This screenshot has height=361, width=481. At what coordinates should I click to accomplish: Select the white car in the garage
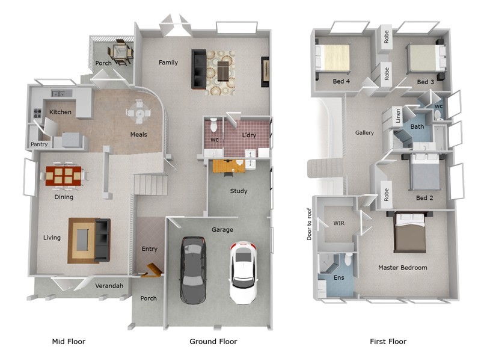click(x=244, y=272)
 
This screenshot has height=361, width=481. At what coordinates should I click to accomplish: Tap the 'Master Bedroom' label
click(x=402, y=267)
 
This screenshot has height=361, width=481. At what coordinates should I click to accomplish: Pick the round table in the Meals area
click(x=139, y=112)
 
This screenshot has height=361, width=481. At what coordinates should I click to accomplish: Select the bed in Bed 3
click(x=425, y=60)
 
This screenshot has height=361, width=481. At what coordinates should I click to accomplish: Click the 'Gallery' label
click(x=364, y=133)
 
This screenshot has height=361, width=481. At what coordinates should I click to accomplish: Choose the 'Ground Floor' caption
click(x=213, y=342)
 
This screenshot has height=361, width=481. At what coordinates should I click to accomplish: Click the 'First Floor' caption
click(x=388, y=342)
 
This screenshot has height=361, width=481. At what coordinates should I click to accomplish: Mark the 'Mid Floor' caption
click(x=69, y=342)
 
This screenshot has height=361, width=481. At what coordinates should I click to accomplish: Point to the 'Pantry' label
click(x=40, y=144)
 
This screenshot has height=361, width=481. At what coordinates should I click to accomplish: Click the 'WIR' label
click(x=339, y=223)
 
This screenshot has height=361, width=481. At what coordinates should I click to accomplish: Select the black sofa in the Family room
click(x=198, y=69)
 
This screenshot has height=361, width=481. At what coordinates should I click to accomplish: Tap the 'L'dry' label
click(x=249, y=135)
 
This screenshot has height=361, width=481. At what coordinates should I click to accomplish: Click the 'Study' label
click(x=239, y=191)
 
